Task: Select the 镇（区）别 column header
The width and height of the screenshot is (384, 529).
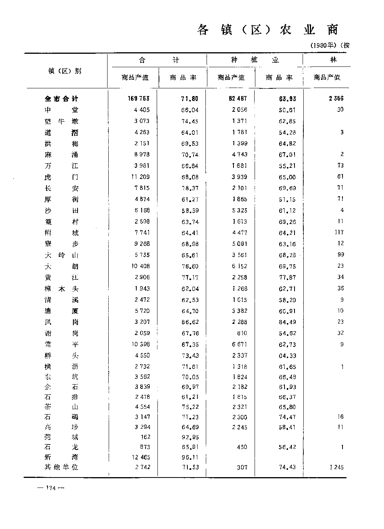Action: pos(65,71)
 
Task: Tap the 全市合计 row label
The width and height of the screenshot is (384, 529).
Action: pos(61,99)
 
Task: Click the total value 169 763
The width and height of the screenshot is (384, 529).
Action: pos(139,98)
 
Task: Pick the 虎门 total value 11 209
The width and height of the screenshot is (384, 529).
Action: pos(139,177)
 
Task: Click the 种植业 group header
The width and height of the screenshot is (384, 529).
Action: pos(255,60)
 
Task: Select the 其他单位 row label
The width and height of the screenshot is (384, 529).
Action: pos(61,467)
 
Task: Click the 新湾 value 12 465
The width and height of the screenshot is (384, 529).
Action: pos(140,457)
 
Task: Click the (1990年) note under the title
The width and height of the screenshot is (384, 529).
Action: pos(324,45)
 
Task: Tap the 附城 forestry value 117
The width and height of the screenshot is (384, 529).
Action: pos(339,232)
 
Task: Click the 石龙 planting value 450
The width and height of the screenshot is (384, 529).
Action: pos(242,447)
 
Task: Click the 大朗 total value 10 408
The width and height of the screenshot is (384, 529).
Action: pos(139,266)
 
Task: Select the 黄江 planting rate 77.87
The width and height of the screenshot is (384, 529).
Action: pos(287,277)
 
